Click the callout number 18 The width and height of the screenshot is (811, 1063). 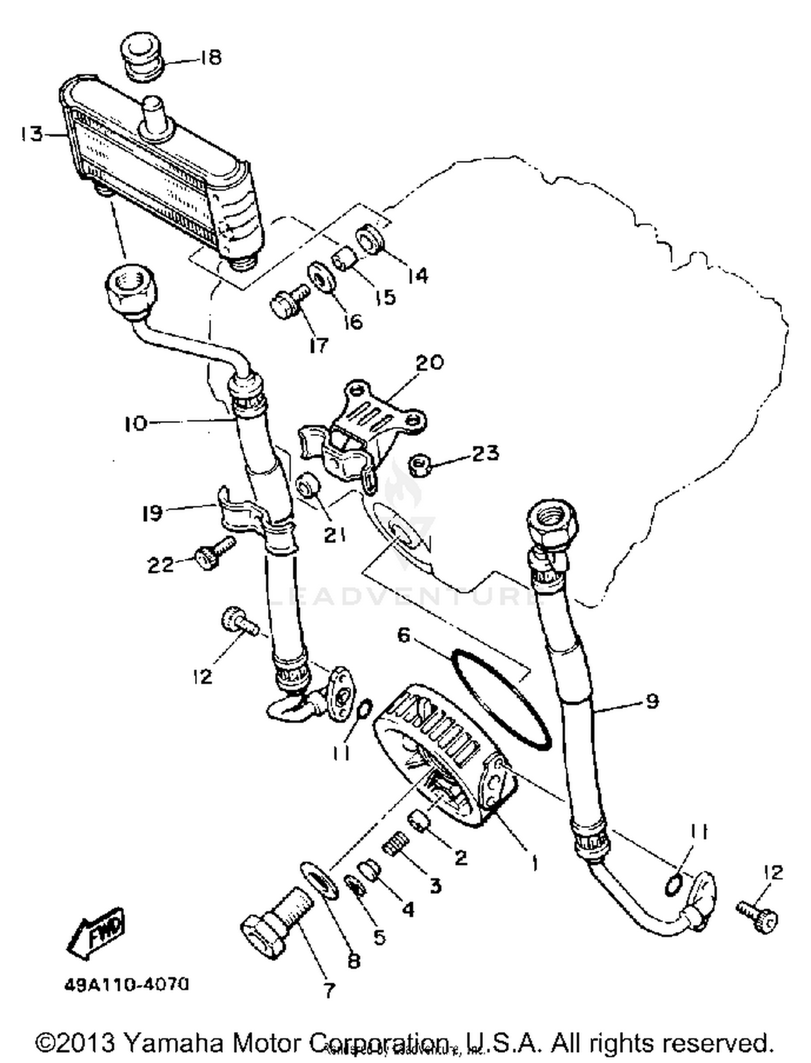(210, 57)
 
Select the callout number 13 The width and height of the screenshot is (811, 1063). (31, 134)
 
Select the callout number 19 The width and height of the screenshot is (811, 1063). (152, 513)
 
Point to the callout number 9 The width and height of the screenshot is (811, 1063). (653, 701)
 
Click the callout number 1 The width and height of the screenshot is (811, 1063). (534, 863)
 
